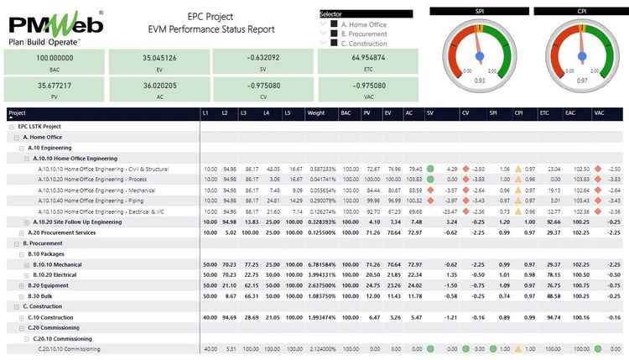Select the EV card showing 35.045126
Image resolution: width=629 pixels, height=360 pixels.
click(x=159, y=63)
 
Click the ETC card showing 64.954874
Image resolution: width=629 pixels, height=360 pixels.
click(x=368, y=63)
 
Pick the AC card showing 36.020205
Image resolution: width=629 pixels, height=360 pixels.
click(x=159, y=90)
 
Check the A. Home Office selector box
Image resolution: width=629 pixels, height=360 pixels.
click(x=333, y=24)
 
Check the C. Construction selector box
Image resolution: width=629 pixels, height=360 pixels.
click(x=333, y=43)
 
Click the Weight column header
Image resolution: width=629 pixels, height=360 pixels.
click(x=316, y=112)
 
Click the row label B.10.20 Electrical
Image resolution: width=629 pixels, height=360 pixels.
click(x=55, y=274)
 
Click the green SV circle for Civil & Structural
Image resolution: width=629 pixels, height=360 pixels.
click(x=429, y=169)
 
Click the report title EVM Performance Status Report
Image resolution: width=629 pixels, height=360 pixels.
click(x=231, y=29)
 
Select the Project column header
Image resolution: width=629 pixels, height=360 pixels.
click(x=18, y=112)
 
